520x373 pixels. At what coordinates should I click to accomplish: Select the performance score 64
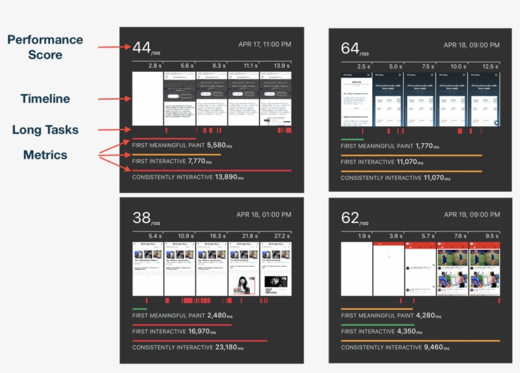coord(349,48)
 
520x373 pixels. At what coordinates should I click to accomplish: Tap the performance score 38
coord(141,218)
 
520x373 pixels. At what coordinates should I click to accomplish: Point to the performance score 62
coord(349,218)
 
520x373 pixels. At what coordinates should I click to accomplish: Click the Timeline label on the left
coord(45,98)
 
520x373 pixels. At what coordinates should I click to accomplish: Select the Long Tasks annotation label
coord(45,130)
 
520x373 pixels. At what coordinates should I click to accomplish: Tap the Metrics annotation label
coord(45,154)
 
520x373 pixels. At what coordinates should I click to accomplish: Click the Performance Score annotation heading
coord(45,47)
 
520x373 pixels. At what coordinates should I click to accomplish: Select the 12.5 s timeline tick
coord(490,66)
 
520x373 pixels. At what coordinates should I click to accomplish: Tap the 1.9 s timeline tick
coord(364,236)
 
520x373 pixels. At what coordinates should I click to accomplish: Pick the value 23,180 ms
coord(229,348)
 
